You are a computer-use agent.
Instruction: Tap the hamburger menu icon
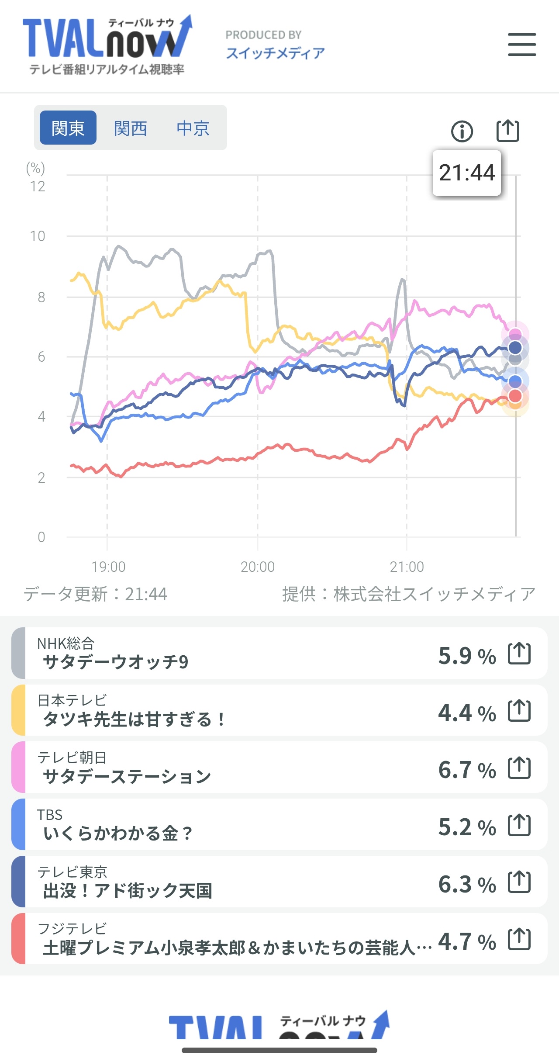pyautogui.click(x=522, y=45)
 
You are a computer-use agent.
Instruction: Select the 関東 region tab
pyautogui.click(x=68, y=128)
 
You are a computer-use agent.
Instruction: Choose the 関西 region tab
pyautogui.click(x=130, y=128)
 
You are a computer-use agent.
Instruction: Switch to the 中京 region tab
pyautogui.click(x=193, y=128)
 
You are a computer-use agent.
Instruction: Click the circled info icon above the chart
pyautogui.click(x=462, y=131)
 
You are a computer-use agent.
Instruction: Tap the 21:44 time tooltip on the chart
pyautogui.click(x=466, y=173)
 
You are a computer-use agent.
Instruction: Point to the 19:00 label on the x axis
pyautogui.click(x=108, y=567)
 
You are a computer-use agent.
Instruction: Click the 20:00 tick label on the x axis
pyautogui.click(x=258, y=567)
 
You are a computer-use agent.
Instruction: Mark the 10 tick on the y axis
pyautogui.click(x=38, y=236)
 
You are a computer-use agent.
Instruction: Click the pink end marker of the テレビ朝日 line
pyautogui.click(x=515, y=335)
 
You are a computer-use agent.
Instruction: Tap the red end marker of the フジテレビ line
pyautogui.click(x=515, y=396)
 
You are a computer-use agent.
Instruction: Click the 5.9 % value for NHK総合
pyautogui.click(x=467, y=656)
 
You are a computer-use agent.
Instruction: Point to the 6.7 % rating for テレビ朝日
pyautogui.click(x=467, y=770)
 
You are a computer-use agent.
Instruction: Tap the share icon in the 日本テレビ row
pyautogui.click(x=519, y=711)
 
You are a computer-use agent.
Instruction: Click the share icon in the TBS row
pyautogui.click(x=519, y=825)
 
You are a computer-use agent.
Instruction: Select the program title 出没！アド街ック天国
pyautogui.click(x=128, y=891)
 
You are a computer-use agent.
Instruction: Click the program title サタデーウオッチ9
pyautogui.click(x=116, y=662)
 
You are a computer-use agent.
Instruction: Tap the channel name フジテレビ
pyautogui.click(x=72, y=928)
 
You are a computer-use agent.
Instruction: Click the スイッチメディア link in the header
pyautogui.click(x=275, y=53)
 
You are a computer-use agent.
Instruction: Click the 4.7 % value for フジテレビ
pyautogui.click(x=467, y=941)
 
